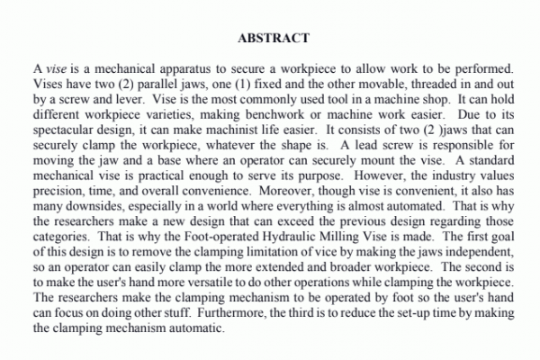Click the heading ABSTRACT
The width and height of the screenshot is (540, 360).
pos(274,39)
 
